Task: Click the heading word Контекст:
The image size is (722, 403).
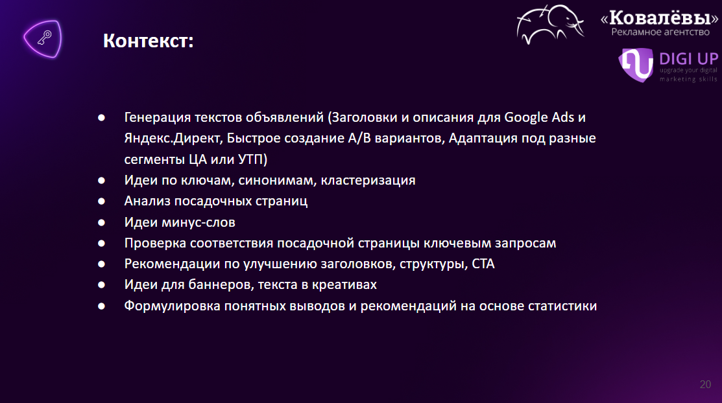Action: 149,41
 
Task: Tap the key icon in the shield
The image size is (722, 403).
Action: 45,38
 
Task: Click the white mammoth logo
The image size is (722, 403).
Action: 550,25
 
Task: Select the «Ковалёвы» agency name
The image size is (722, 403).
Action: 659,18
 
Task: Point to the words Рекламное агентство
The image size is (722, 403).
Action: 660,32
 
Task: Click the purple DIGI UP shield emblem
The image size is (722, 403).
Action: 636,65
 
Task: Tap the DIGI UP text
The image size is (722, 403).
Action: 688,59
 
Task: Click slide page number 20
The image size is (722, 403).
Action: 705,384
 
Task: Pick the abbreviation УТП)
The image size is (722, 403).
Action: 253,159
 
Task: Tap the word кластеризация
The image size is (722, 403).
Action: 368,180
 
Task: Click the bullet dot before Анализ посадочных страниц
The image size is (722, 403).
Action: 101,201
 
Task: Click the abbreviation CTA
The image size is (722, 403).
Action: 483,264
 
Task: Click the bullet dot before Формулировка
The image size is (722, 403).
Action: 101,306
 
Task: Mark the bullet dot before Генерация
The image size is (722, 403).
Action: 101,118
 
